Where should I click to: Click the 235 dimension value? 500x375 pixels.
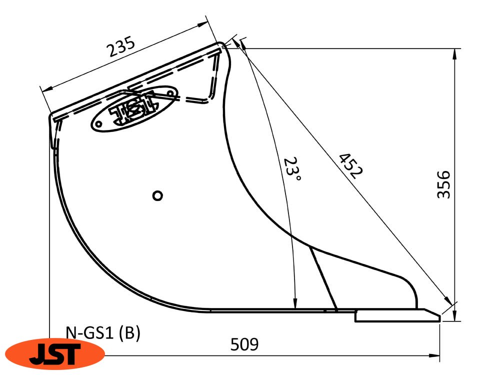click(121, 46)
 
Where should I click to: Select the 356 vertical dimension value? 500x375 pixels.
click(443, 184)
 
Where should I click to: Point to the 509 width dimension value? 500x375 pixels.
click(244, 344)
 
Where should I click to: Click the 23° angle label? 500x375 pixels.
click(291, 168)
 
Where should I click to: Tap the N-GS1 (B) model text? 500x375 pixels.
click(103, 333)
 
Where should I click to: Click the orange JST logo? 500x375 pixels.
click(55, 353)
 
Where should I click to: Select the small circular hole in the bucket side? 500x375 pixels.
click(157, 195)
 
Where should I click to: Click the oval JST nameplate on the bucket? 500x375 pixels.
click(134, 108)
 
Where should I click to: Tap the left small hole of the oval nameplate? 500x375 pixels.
click(99, 123)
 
